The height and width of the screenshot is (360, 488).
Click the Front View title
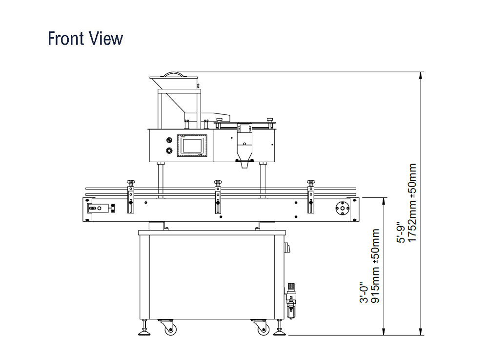(x=85, y=38)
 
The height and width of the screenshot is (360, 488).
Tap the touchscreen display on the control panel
(x=192, y=146)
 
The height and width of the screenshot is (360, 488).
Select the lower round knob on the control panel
(x=169, y=150)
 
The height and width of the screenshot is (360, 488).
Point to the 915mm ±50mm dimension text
(x=375, y=266)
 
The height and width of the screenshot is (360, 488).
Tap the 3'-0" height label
(x=364, y=293)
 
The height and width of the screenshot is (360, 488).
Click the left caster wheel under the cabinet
(x=170, y=329)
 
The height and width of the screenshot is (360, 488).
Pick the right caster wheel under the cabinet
(x=264, y=329)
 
